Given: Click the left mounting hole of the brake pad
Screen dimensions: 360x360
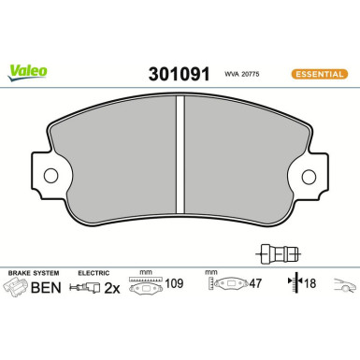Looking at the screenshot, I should click(50, 176).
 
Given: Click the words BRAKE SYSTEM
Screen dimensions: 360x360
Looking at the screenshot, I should click(31, 273).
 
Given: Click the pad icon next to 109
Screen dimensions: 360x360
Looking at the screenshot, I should click(144, 289).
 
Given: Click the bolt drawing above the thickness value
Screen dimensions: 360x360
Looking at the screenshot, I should click(275, 251).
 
